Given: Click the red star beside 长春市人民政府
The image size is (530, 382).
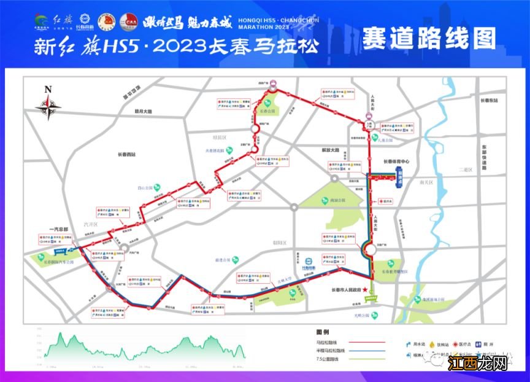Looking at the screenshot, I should point(366,290).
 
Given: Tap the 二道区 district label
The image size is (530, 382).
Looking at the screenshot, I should point(464,169).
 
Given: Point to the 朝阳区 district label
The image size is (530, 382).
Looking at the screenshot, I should point(280,243).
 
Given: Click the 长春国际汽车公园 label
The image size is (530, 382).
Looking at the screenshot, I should point(56,262).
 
